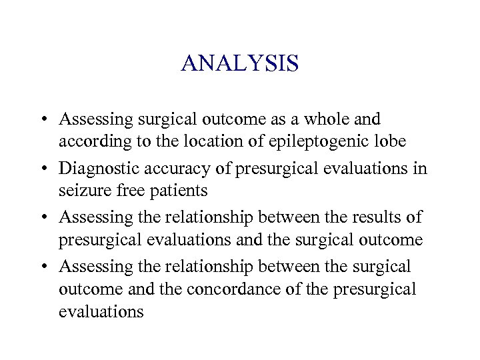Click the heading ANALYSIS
(240, 64)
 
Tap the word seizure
(84, 191)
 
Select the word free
(127, 191)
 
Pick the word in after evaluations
(419, 167)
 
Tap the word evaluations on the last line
(101, 311)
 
